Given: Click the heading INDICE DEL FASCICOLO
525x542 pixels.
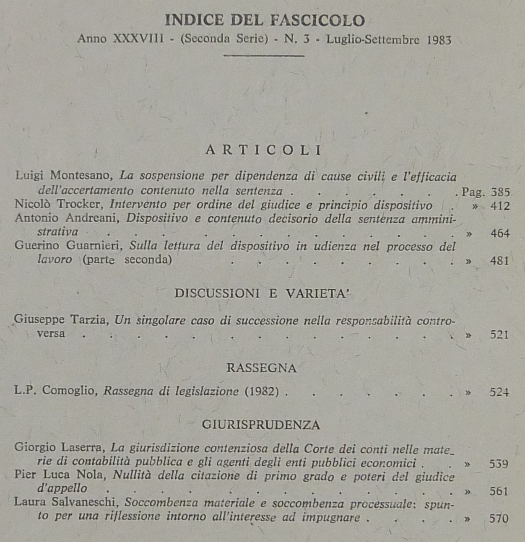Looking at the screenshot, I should point(265,20).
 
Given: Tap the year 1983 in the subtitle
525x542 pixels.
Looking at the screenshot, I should point(439,40).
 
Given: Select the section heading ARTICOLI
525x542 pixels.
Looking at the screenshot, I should point(264,150).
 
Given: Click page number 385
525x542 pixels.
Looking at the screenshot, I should point(500,192).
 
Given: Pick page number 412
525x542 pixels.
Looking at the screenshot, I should point(500,206).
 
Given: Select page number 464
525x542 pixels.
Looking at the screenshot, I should point(500,233).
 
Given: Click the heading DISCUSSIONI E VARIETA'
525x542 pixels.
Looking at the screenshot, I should point(262,293).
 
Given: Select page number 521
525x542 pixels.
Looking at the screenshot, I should point(499,335).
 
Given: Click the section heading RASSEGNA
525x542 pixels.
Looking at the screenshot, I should point(261,368).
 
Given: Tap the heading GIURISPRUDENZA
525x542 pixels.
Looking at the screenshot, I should point(261,425).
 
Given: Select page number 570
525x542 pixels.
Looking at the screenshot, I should point(499,519).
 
